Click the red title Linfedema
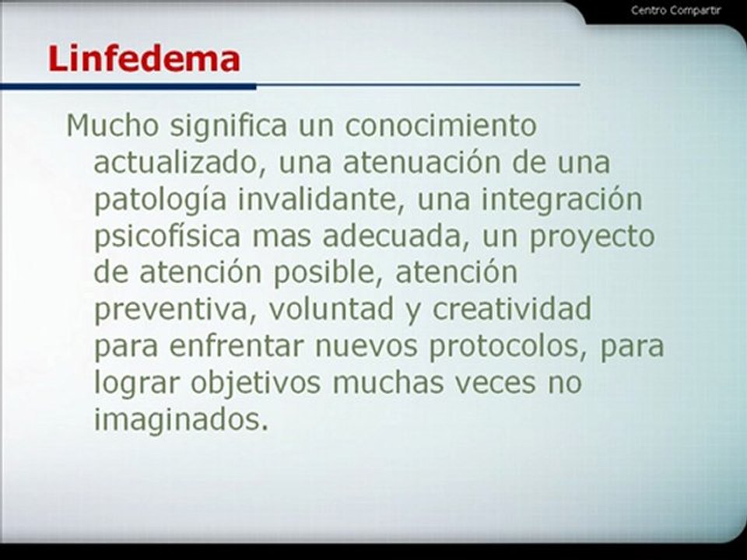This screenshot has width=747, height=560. tap(144, 58)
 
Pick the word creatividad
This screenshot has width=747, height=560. tap(513, 310)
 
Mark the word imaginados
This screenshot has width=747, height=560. tap(181, 420)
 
